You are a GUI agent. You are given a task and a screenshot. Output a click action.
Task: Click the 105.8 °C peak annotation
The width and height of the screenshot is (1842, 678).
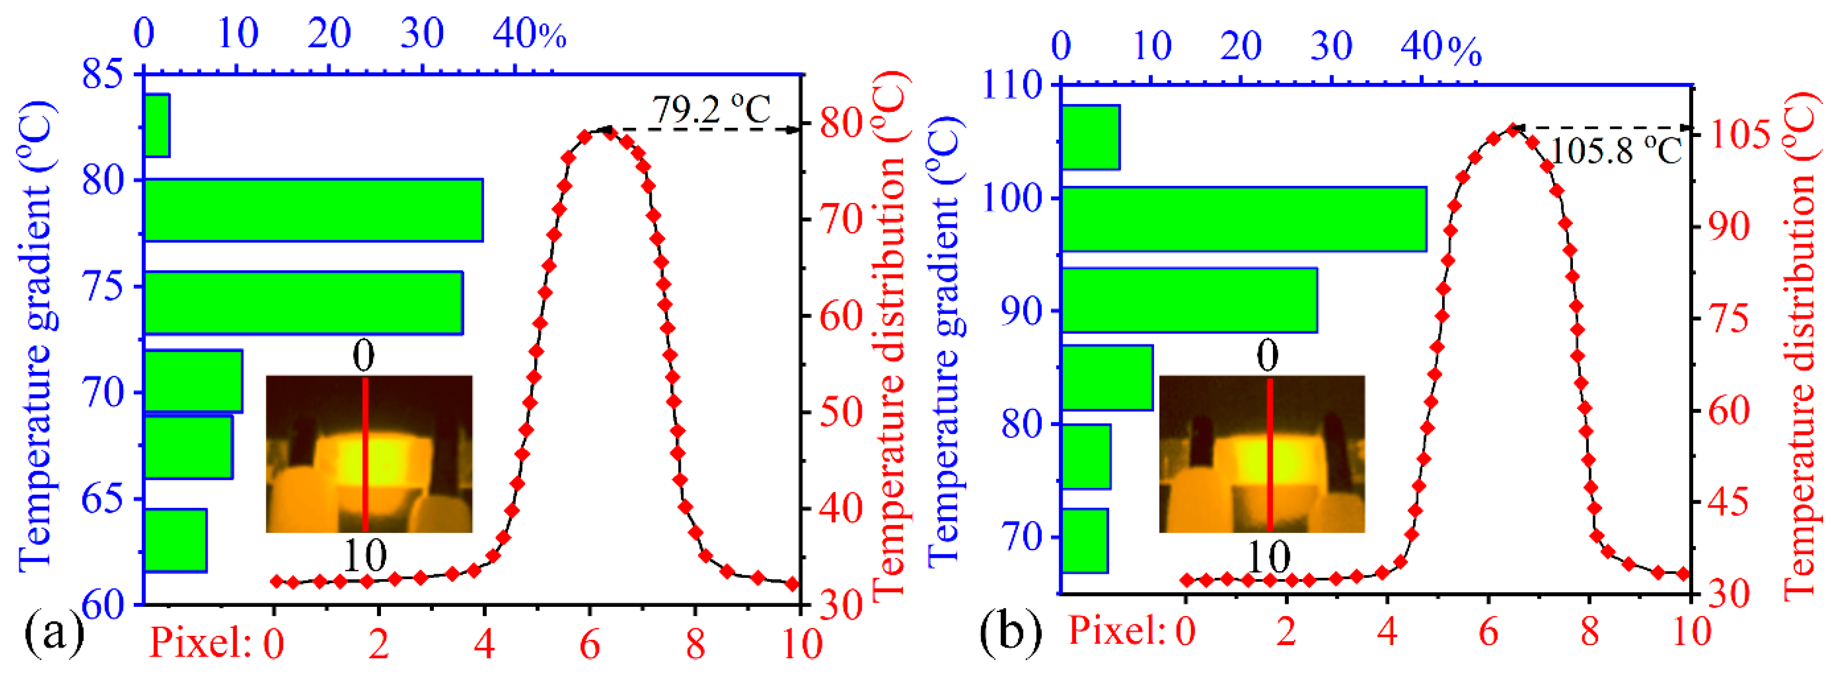1615,151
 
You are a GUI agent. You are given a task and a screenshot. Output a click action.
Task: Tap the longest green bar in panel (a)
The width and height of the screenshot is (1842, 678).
313,210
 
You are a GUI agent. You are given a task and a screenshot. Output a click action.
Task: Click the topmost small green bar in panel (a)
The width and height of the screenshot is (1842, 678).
157,125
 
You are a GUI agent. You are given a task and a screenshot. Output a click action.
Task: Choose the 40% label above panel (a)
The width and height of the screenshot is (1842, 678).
529,33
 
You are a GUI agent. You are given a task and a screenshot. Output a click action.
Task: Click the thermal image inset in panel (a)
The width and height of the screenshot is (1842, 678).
368,454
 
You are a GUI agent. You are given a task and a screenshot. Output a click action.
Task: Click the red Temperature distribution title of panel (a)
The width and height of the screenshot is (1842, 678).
889,336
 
